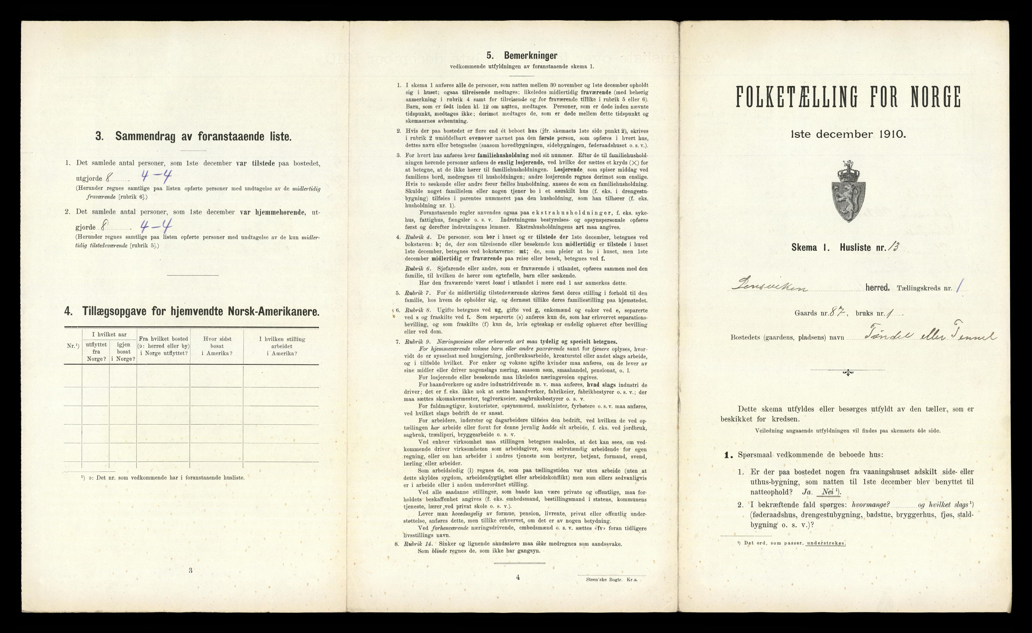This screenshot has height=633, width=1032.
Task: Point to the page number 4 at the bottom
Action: pos(518,577)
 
